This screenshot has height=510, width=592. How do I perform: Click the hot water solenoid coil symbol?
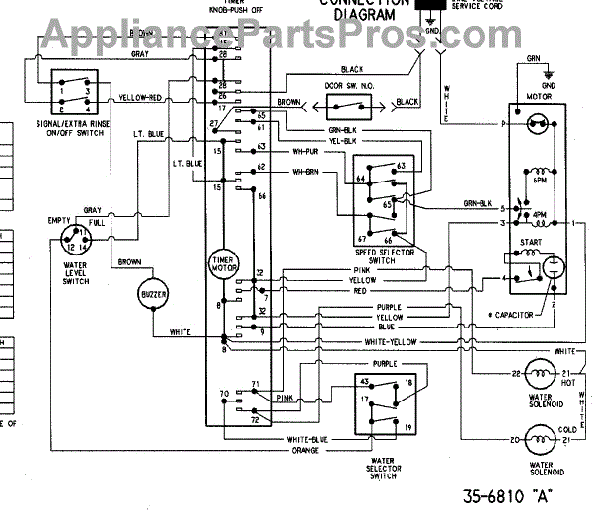tap(539, 373)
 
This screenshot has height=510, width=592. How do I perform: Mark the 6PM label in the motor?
tap(541, 181)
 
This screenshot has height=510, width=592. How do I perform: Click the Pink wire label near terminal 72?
tap(286, 399)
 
